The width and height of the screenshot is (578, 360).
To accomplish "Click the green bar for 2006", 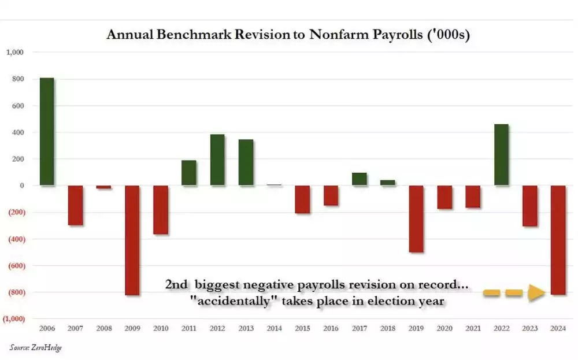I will point(47,132).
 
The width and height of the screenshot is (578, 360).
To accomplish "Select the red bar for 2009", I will point(132,240).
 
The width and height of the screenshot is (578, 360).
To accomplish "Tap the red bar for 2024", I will point(558,240).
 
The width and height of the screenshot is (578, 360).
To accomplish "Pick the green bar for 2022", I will point(502,155).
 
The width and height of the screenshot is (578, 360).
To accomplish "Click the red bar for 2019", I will point(416,219).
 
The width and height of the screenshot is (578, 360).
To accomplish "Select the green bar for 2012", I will point(217,160).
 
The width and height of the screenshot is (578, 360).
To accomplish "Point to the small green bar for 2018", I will point(388,183).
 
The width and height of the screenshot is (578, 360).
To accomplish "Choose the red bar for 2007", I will point(75,205).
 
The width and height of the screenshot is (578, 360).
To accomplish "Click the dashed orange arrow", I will point(514,293).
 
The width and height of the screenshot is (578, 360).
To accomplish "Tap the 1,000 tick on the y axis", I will point(14,53).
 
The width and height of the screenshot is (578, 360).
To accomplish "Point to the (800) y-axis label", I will point(14,292).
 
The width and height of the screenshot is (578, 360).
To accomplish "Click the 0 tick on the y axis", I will point(20,185).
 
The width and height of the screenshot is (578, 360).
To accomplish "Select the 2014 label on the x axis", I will point(274,329).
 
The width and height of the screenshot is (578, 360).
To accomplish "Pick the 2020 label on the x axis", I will point(444,329).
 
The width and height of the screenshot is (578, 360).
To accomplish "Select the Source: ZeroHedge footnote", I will point(35,347).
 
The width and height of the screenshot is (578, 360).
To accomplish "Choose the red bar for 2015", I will point(303,199).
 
